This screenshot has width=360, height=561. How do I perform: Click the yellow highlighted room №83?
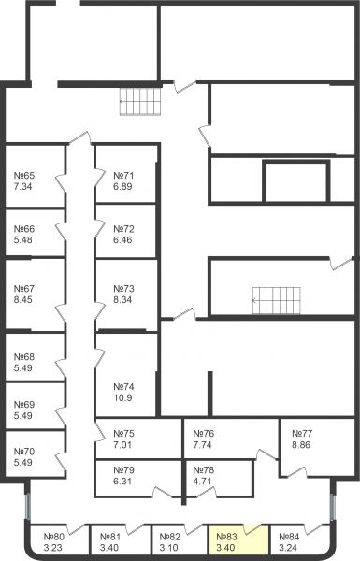click(x=238, y=539)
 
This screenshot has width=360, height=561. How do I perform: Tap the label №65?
click(x=24, y=176)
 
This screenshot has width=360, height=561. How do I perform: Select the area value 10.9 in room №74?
click(x=122, y=398)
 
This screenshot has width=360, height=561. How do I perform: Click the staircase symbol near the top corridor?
click(x=140, y=102)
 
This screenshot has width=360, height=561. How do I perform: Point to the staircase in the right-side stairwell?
click(x=276, y=300)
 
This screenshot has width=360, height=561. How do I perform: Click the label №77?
click(x=302, y=434)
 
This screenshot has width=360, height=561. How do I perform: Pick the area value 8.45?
click(x=22, y=299)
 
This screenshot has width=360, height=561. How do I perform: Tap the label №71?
click(x=123, y=176)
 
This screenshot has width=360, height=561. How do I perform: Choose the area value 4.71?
click(x=203, y=482)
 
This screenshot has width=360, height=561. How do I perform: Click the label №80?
click(x=54, y=537)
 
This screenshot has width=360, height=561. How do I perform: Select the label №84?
click(x=289, y=537)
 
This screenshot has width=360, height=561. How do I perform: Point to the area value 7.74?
click(x=203, y=445)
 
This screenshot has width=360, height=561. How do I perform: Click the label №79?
click(x=123, y=469)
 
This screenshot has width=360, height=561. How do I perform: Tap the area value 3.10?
click(x=168, y=548)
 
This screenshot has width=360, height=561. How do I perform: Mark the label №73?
click(x=123, y=288)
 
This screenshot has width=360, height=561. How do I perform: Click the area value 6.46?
click(x=122, y=239)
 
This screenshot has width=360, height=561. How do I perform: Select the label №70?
click(x=24, y=452)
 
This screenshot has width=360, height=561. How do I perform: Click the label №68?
click(x=24, y=357)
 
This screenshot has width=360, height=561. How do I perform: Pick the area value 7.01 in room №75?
click(x=122, y=445)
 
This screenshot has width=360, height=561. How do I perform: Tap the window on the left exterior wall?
click(x=27, y=506)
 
